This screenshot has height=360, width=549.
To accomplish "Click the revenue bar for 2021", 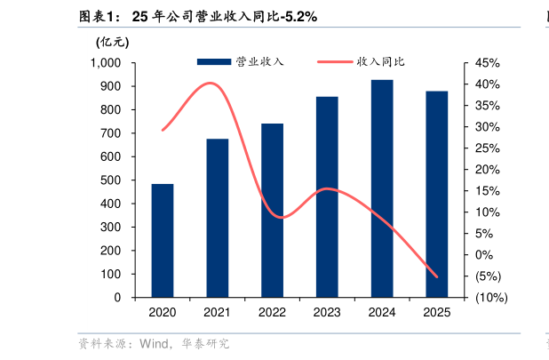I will click(x=218, y=218).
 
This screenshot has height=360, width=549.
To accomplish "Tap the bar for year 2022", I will click(x=272, y=210).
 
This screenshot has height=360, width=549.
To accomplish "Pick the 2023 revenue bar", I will click(x=327, y=196).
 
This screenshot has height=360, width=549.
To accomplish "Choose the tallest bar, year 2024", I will click(x=382, y=188).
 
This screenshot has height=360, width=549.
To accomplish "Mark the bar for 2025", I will click(x=437, y=194).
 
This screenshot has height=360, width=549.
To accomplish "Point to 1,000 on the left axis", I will click(x=106, y=63).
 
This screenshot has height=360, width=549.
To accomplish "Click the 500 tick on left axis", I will click(x=111, y=180).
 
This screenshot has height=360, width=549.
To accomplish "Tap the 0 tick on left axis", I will click(x=117, y=298).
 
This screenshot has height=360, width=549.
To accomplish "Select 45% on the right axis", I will click(x=488, y=63).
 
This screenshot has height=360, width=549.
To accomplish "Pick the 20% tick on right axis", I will click(x=488, y=170).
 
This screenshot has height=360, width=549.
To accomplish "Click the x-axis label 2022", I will click(x=272, y=312).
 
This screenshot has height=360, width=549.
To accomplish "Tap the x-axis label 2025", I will click(x=437, y=312).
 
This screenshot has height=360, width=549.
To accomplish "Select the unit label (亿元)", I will click(x=112, y=41).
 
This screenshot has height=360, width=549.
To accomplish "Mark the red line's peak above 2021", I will click(x=211, y=84).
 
